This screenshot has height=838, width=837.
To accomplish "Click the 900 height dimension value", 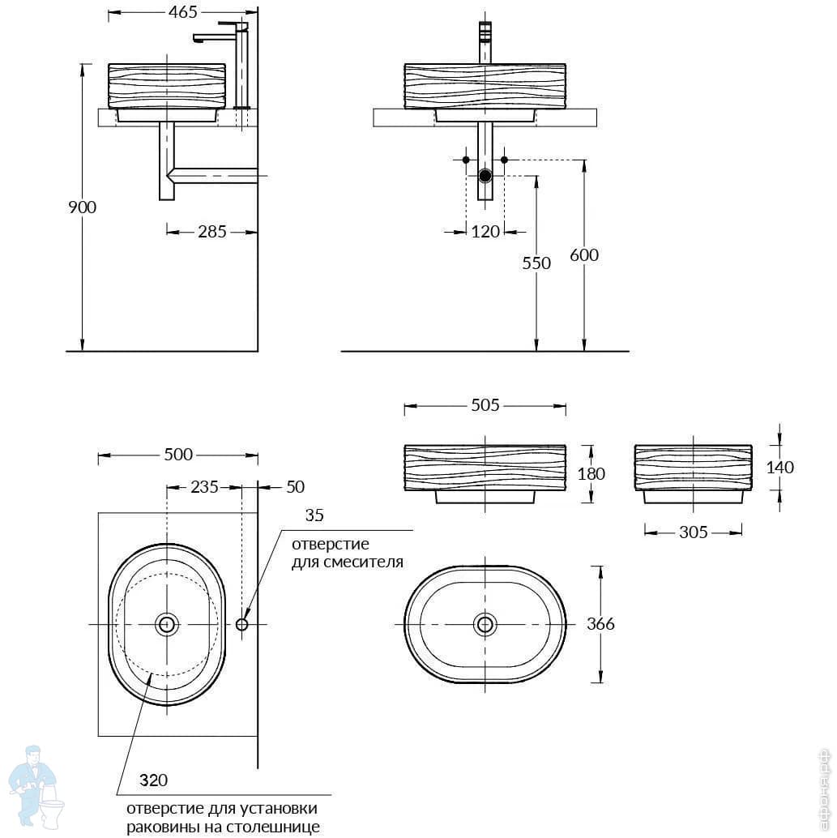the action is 83,207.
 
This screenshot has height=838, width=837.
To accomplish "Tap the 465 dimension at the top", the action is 183,12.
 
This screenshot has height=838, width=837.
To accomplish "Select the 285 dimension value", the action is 212,232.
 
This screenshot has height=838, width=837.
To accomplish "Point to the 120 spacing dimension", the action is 485,232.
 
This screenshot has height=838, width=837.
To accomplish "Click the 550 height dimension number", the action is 536,263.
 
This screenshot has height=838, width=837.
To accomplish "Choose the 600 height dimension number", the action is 584,255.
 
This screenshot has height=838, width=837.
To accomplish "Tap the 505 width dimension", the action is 485,405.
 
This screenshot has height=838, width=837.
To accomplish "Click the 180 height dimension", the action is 591,473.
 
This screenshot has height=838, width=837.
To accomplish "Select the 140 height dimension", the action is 779,468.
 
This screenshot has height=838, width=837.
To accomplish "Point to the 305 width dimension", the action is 694,532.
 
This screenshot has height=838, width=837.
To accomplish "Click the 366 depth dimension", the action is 600,624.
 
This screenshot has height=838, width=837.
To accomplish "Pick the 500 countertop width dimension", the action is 178,455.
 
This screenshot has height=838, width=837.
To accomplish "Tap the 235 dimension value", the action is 205,487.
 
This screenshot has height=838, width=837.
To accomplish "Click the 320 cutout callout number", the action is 153,780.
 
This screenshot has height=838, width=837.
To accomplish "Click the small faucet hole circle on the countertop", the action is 241,624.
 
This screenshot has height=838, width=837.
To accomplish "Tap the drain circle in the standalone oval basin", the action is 485,624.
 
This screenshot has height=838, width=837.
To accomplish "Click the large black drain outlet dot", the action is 485,175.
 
